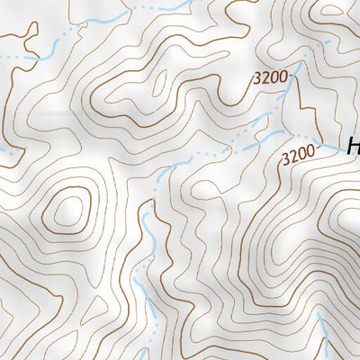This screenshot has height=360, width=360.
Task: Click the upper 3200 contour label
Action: click(x=271, y=77)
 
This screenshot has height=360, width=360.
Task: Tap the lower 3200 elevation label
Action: click(x=299, y=155)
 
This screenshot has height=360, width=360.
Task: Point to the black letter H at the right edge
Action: click(x=352, y=147)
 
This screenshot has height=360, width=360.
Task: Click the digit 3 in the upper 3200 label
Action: click(x=257, y=79)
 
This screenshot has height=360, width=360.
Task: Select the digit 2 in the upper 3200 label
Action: click(x=266, y=78)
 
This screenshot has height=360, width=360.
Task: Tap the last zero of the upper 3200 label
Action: click(x=284, y=76)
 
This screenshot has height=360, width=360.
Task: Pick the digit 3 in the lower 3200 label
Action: click(x=285, y=158)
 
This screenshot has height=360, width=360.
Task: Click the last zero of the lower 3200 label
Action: click(x=311, y=152)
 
